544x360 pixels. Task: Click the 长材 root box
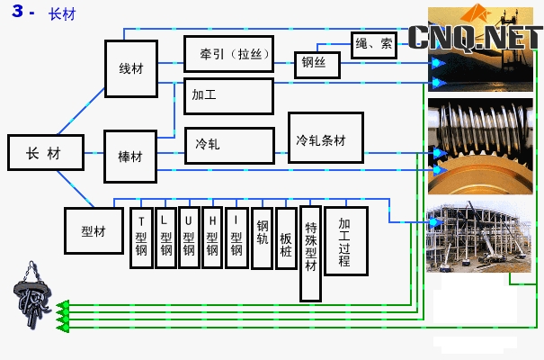point(46,152)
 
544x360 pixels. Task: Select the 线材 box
point(131,68)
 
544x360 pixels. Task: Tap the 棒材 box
point(130,157)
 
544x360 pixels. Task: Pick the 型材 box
point(94,231)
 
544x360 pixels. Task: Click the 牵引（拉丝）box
point(229,54)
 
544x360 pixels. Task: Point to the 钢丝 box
point(317,65)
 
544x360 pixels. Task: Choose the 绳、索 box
point(374,45)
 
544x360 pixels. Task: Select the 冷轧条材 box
point(326,138)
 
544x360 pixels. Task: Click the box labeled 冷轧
point(229,146)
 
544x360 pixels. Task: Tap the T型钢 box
point(141,238)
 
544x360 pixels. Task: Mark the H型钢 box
point(212,238)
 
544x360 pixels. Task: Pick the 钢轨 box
point(262,238)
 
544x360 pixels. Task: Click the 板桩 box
point(286,238)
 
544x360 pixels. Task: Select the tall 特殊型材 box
point(310,254)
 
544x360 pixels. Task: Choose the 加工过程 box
point(346,241)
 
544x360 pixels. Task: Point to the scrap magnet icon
point(32,295)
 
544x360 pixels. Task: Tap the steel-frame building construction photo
point(478,236)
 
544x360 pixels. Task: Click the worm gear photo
point(480,146)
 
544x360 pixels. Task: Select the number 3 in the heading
point(17,11)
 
